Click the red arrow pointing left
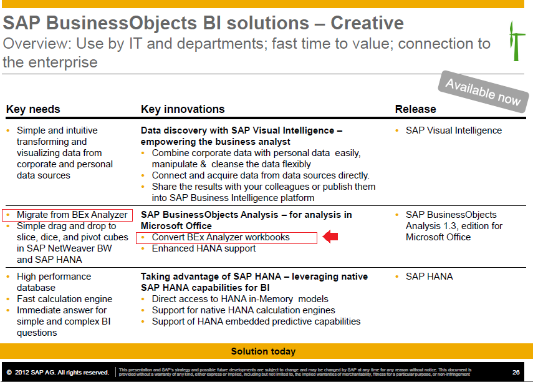pyautogui.click(x=330, y=237)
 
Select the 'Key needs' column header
pyautogui.click(x=33, y=109)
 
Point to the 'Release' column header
pyautogui.click(x=415, y=109)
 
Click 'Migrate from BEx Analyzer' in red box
pyautogui.click(x=72, y=215)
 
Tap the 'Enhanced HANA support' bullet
pyautogui.click(x=203, y=248)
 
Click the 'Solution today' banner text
pyautogui.click(x=263, y=351)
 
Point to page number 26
pyautogui.click(x=516, y=372)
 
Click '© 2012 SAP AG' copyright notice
pyautogui.click(x=57, y=372)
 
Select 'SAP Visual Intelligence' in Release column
pyautogui.click(x=453, y=130)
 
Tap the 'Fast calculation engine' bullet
pyautogui.click(x=64, y=299)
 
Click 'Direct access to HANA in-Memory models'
pyautogui.click(x=240, y=299)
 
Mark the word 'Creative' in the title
pyautogui.click(x=367, y=23)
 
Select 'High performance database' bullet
pyautogui.click(x=54, y=282)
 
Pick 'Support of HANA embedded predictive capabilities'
pyautogui.click(x=256, y=321)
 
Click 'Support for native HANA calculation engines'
pyautogui.click(x=243, y=310)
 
